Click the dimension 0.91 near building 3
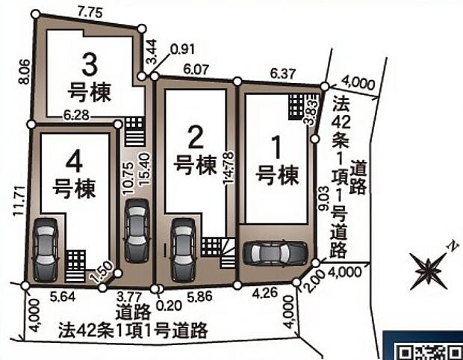[x=182, y=50]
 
